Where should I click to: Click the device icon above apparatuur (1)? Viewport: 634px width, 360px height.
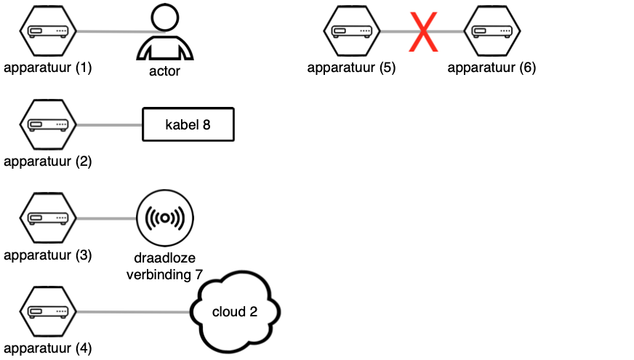pyautogui.click(x=48, y=31)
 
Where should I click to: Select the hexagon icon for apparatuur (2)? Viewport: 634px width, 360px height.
pyautogui.click(x=48, y=124)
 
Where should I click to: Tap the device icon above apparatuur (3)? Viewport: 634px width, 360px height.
pyautogui.click(x=48, y=218)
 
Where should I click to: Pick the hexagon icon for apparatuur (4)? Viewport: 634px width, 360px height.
pyautogui.click(x=48, y=311)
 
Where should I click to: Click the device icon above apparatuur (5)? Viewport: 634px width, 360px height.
pyautogui.click(x=352, y=31)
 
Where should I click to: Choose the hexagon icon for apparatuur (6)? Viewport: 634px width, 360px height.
pyautogui.click(x=492, y=31)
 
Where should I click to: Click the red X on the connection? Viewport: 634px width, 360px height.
pyautogui.click(x=423, y=31)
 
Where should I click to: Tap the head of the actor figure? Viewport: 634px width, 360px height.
pyautogui.click(x=165, y=17)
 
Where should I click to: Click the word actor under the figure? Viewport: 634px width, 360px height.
pyautogui.click(x=164, y=71)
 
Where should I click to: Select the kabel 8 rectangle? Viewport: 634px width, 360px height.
pyautogui.click(x=188, y=124)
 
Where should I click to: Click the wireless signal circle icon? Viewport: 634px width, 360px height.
pyautogui.click(x=165, y=218)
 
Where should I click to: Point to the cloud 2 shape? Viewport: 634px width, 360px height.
pyautogui.click(x=235, y=312)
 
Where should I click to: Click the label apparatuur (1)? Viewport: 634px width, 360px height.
pyautogui.click(x=48, y=67)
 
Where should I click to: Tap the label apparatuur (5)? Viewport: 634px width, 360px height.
pyautogui.click(x=351, y=67)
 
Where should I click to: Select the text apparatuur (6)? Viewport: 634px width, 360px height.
pyautogui.click(x=491, y=67)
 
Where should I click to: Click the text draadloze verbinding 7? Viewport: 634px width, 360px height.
pyautogui.click(x=164, y=266)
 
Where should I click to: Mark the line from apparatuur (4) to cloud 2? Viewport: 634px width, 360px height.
pyautogui.click(x=133, y=312)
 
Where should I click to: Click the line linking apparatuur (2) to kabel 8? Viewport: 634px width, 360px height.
pyautogui.click(x=109, y=125)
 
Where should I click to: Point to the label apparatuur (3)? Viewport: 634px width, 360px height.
pyautogui.click(x=48, y=255)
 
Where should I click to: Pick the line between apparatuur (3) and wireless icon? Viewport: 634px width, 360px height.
pyautogui.click(x=106, y=218)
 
